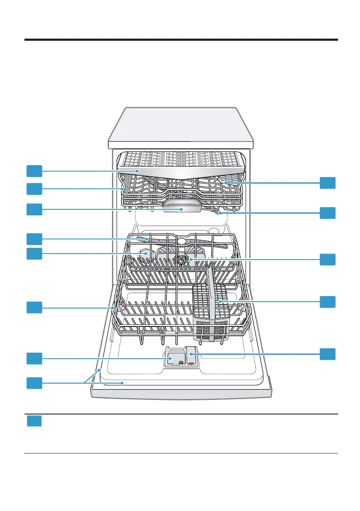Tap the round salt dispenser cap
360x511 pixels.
click(x=144, y=256)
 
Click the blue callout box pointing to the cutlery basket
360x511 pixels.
click(x=327, y=302)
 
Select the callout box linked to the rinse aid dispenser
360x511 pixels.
click(x=327, y=354)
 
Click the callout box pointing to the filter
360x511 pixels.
click(x=327, y=259)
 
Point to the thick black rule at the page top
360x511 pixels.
click(x=181, y=40)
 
